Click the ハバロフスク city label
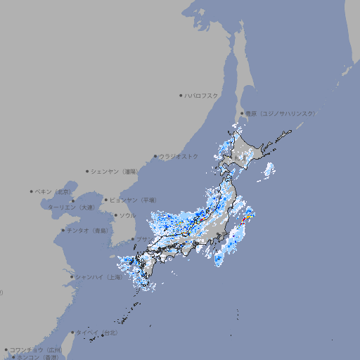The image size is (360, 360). [202, 95]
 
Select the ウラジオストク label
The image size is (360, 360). [179, 156]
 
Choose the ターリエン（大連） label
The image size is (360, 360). [71, 207]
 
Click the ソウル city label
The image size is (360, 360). [127, 215]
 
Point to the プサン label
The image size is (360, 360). [142, 239]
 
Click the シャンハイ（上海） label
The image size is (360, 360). [100, 277]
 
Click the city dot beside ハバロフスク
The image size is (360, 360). [181, 95]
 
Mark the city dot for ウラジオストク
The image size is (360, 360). [155, 156]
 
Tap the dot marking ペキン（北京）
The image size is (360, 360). [32, 191]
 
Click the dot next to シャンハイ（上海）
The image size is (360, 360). [72, 277]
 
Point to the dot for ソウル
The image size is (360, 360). [115, 215]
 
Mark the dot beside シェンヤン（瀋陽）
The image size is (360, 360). [88, 171]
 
